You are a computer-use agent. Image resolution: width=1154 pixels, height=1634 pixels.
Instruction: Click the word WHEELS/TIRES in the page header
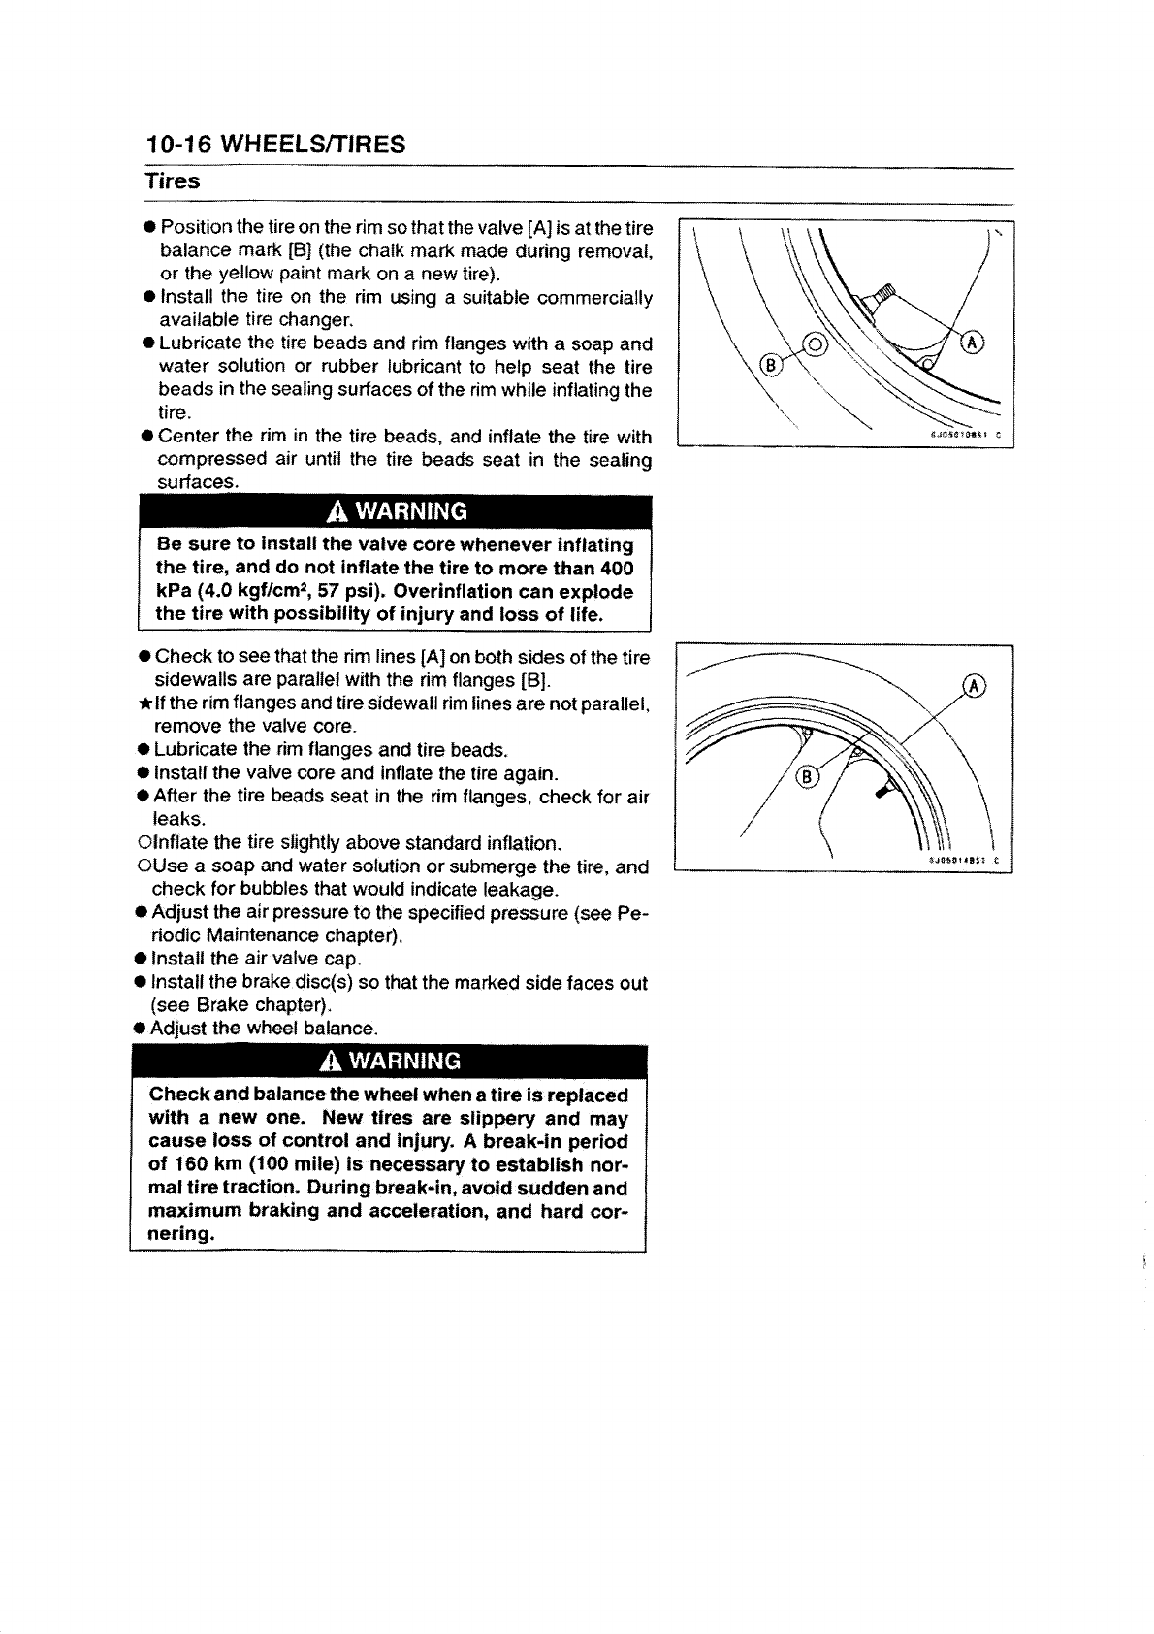[x=313, y=145]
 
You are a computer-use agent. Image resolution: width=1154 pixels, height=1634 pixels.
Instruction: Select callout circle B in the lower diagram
[x=805, y=776]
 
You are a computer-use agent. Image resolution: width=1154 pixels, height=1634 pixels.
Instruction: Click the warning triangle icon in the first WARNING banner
[x=337, y=510]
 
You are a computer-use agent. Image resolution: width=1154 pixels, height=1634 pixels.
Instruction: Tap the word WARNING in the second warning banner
[x=405, y=1059]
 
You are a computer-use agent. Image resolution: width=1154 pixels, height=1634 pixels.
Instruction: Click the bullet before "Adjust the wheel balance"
[x=142, y=1029]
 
